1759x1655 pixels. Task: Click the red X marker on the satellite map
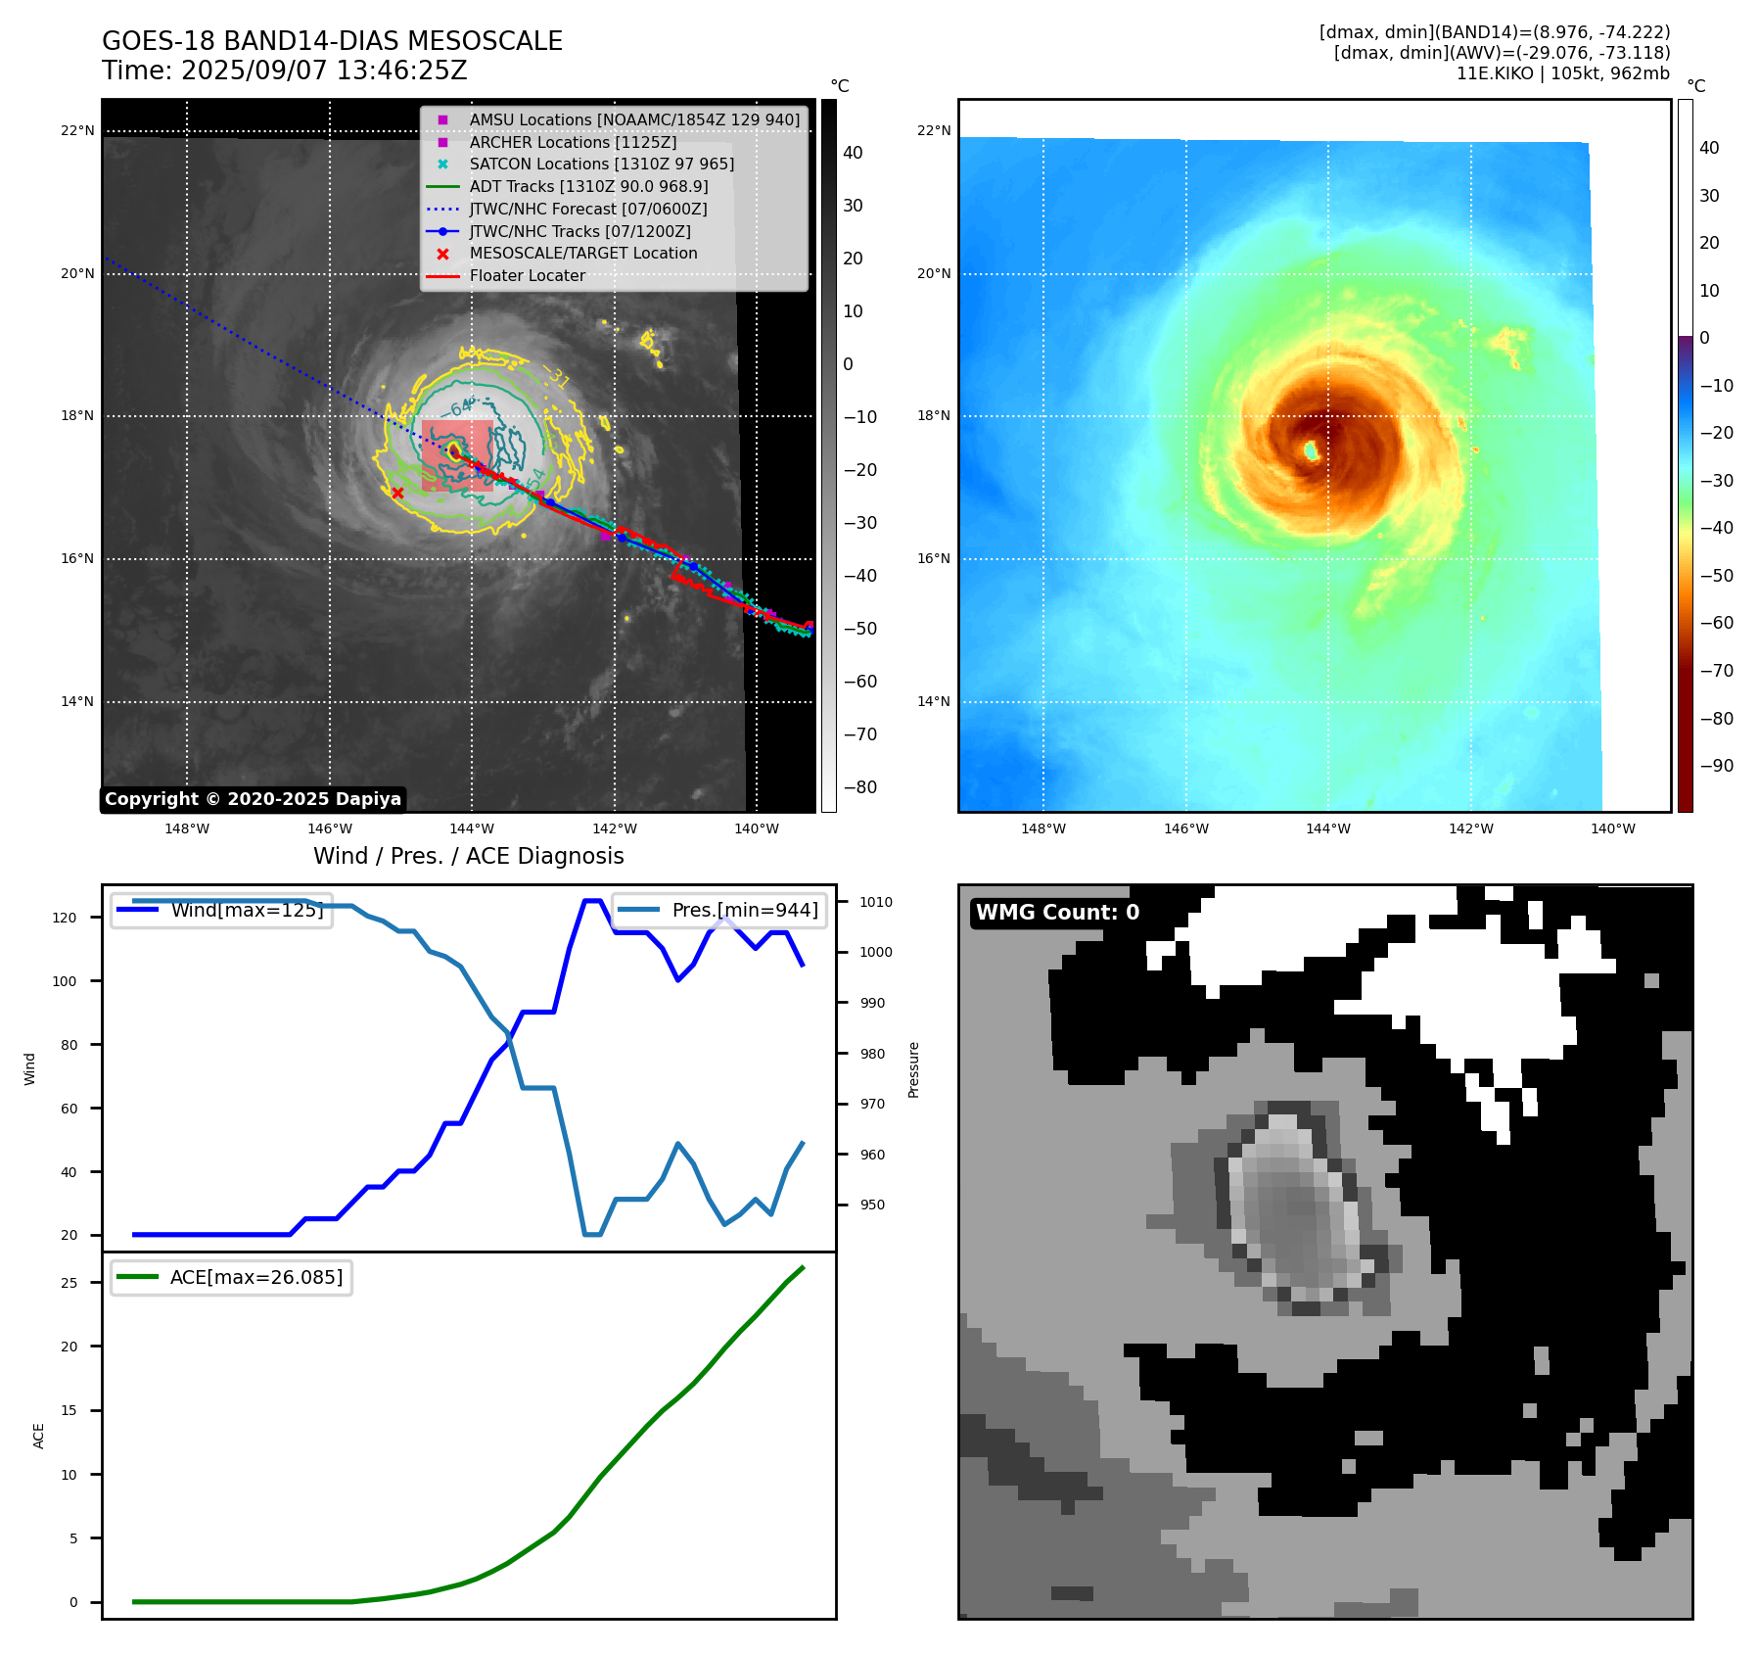tap(397, 493)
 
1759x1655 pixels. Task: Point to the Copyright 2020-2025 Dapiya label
tap(253, 799)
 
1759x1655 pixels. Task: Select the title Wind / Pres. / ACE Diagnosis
tap(468, 856)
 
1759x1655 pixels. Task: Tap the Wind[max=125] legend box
tap(222, 910)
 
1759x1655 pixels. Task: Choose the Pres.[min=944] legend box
tap(719, 910)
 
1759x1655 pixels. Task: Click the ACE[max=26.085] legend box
tap(232, 1277)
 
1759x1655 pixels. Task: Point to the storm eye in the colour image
tap(1311, 450)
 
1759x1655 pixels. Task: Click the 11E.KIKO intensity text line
tap(1562, 73)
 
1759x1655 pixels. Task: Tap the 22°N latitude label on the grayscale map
tap(77, 130)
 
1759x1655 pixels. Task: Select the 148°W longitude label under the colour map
tap(1042, 828)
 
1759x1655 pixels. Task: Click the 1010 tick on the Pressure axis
tap(876, 902)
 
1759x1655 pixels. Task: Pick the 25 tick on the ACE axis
tap(69, 1283)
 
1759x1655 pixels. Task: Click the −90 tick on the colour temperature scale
tap(1716, 766)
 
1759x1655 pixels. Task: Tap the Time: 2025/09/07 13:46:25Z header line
tap(285, 71)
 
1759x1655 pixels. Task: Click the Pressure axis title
tap(913, 1069)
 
